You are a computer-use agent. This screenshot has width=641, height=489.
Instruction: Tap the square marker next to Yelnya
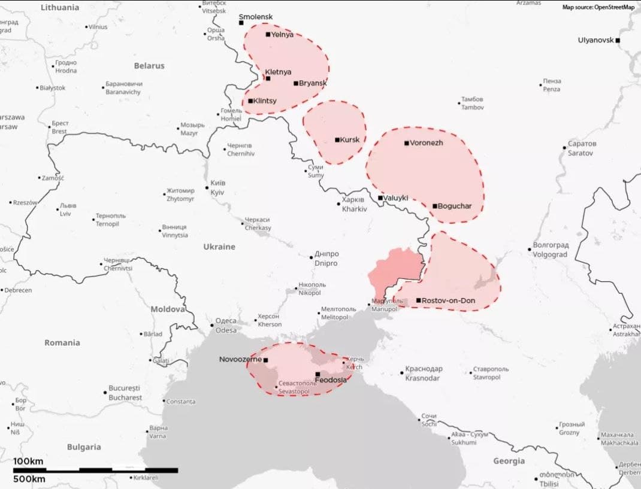(x=268, y=34)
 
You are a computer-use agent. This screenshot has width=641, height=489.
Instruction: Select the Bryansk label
(x=313, y=83)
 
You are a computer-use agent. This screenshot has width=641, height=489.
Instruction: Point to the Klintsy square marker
(x=250, y=101)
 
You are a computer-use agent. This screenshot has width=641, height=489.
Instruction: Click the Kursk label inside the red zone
(x=350, y=140)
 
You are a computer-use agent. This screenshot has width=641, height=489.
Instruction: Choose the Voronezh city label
(x=427, y=143)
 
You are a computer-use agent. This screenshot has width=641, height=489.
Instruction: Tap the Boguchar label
(x=455, y=206)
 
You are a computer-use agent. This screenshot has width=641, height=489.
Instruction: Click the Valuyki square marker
(x=380, y=198)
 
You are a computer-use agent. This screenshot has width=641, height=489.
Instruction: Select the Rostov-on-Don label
(x=448, y=300)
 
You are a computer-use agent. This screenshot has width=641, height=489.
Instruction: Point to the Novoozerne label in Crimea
(x=240, y=360)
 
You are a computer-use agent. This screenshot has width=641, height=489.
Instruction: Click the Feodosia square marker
(x=318, y=374)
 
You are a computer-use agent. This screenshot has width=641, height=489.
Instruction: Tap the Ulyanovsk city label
(x=595, y=40)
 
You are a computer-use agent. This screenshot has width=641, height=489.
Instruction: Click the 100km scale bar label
(x=28, y=461)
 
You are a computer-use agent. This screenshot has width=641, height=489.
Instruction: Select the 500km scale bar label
(x=28, y=479)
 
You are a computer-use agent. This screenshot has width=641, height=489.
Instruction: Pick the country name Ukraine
(x=219, y=247)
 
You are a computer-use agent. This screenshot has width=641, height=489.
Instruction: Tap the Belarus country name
(x=149, y=65)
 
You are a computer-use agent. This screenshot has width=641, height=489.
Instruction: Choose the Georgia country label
(x=509, y=461)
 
